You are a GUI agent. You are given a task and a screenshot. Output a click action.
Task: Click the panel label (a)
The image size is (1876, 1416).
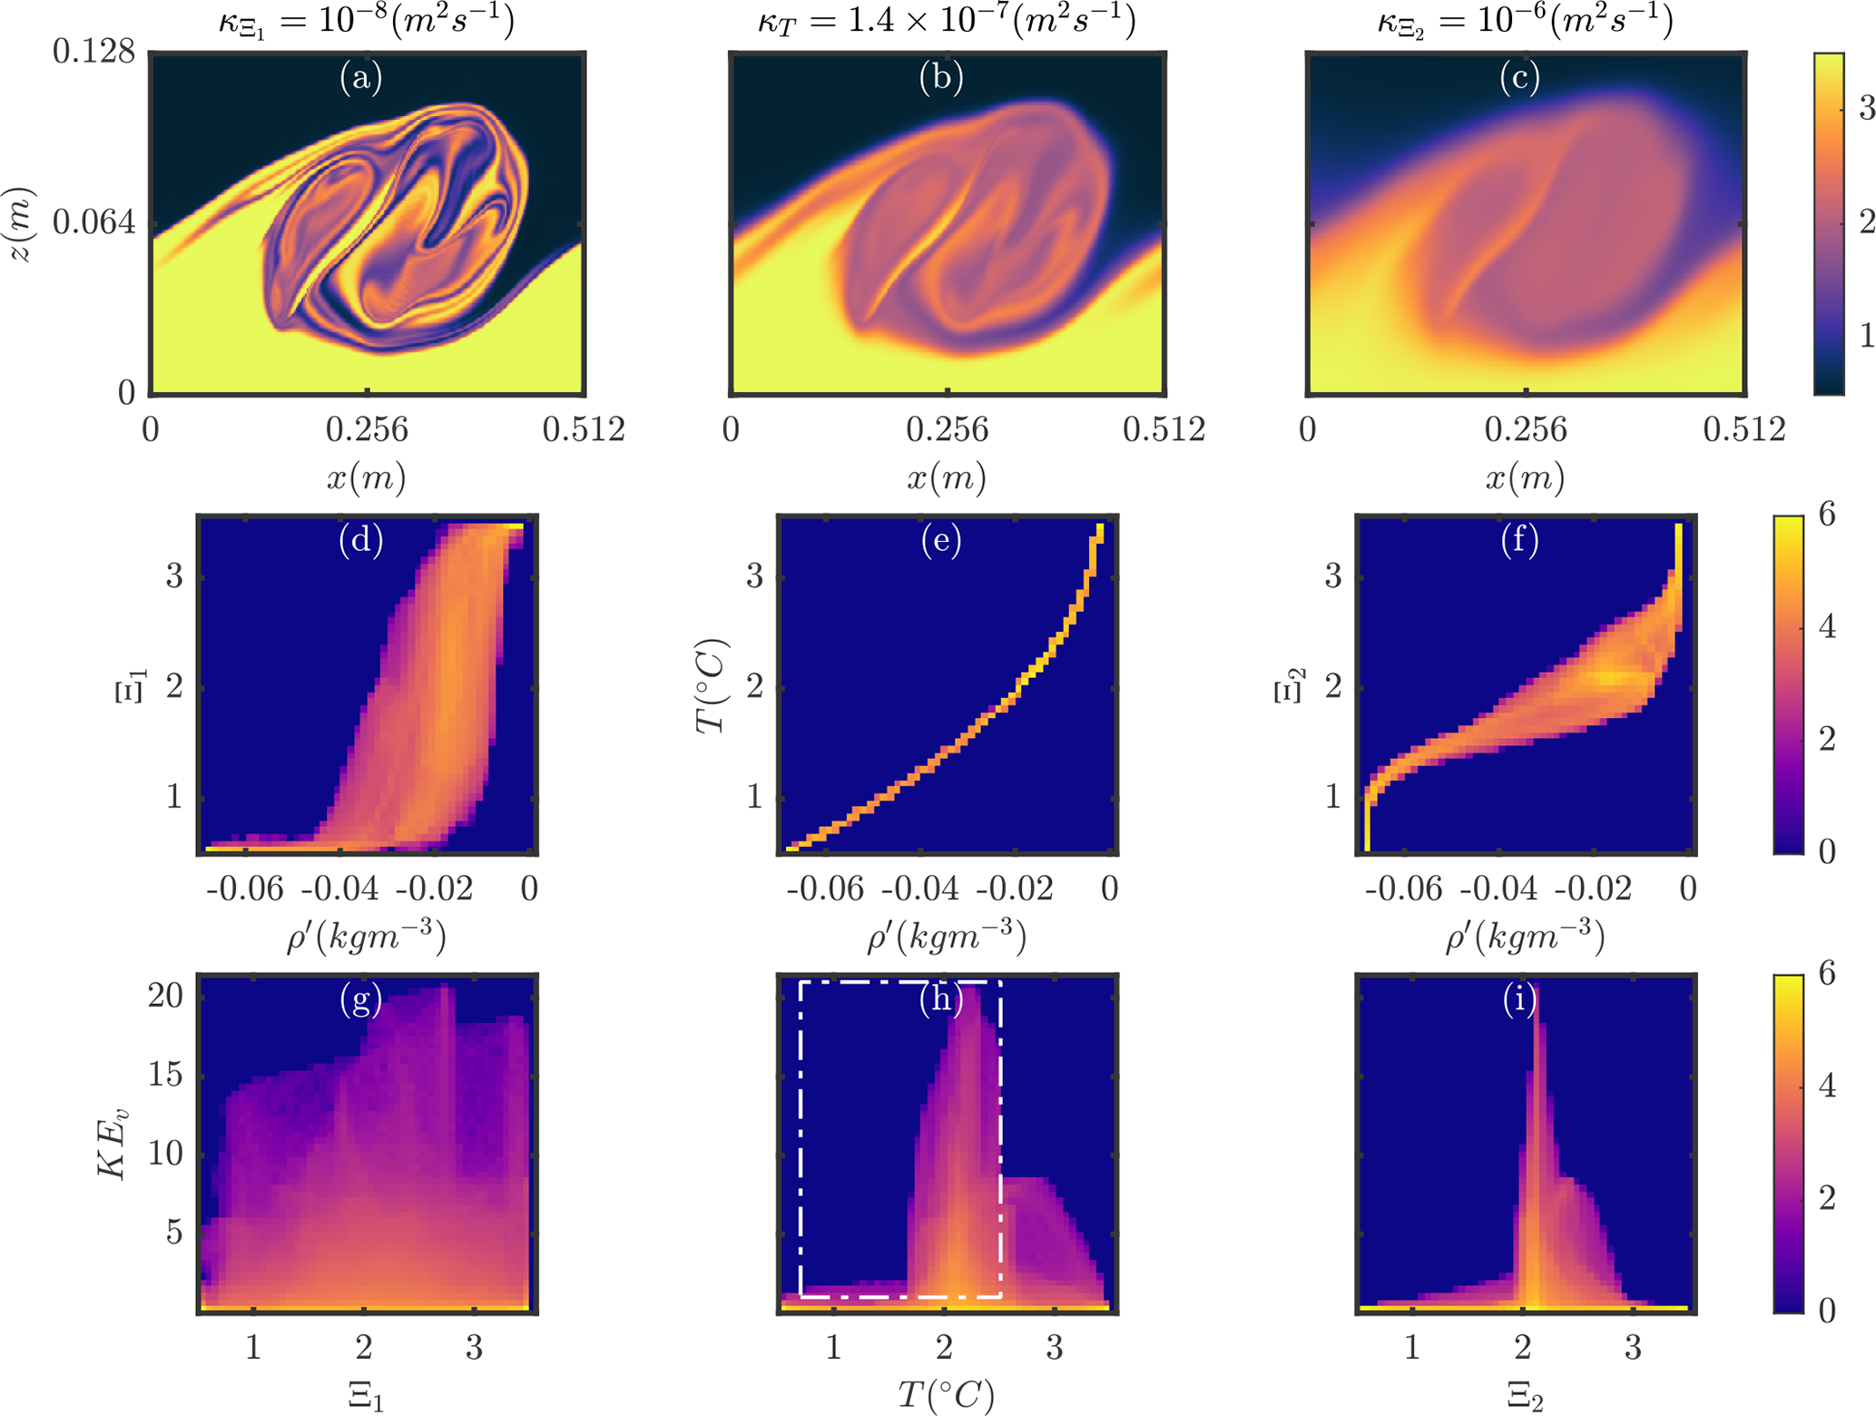361,78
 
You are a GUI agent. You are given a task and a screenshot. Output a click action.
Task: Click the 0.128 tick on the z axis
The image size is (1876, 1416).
93,52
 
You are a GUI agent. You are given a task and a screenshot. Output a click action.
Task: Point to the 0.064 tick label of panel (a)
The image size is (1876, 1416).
93,221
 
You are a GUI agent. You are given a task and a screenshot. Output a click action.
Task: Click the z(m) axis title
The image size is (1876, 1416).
20,224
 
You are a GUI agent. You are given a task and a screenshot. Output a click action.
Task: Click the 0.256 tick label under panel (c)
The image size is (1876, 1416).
1526,429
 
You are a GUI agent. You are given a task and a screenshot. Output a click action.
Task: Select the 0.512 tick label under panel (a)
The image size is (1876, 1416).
584,429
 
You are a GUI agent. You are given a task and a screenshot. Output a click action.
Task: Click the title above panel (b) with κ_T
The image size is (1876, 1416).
947,20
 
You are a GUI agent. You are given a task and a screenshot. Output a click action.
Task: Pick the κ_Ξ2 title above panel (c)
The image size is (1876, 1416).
1525,20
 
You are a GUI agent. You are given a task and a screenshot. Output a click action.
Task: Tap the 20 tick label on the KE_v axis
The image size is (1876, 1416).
165,996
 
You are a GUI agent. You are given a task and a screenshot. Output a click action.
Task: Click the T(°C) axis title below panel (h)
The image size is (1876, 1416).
946,1394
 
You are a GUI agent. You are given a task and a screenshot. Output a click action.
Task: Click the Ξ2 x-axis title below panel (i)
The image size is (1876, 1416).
1525,1396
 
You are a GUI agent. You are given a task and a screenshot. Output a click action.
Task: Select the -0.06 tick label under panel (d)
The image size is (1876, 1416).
244,889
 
